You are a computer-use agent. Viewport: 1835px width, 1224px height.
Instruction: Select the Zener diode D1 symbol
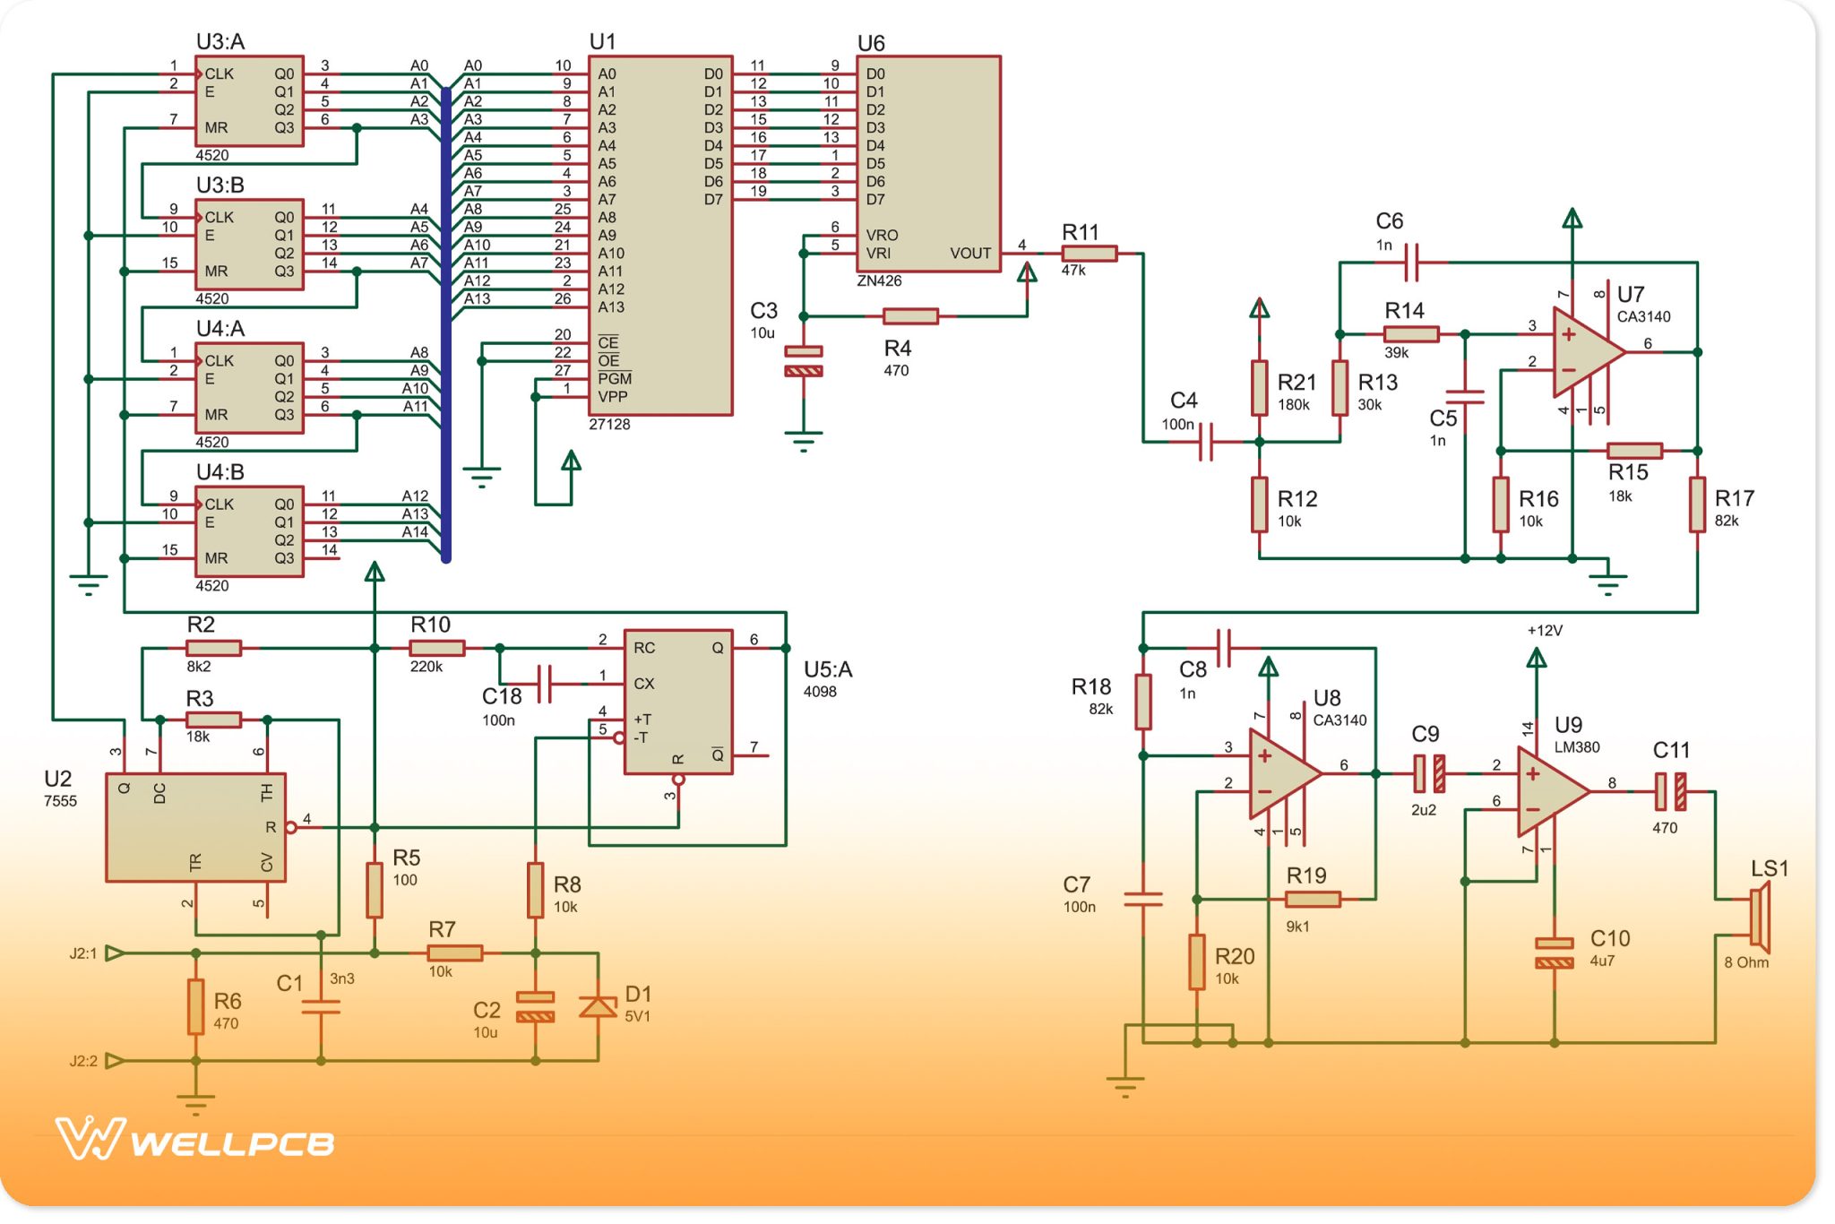tap(598, 1007)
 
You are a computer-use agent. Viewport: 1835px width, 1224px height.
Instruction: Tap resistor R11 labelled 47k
tap(1089, 254)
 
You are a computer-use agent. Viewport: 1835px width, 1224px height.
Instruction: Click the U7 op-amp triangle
tap(1584, 352)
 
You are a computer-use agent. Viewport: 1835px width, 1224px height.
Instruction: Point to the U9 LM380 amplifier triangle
tap(1549, 791)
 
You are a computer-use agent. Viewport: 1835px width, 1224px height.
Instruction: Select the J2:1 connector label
tap(82, 953)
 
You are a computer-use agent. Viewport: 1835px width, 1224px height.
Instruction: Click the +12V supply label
tap(1545, 631)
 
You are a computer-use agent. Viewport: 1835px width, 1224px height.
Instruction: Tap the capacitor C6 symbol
tap(1412, 263)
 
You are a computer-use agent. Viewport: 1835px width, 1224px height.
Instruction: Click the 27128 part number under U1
tap(609, 425)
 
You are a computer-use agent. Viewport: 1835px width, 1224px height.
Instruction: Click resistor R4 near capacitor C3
tap(910, 316)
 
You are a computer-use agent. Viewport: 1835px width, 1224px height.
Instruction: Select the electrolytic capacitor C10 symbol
tap(1554, 952)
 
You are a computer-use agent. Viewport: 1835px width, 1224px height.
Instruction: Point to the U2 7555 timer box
tap(195, 827)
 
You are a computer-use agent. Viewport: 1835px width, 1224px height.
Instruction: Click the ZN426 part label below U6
tap(879, 281)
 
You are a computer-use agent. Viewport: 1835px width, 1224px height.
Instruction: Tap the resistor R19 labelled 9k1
tap(1313, 899)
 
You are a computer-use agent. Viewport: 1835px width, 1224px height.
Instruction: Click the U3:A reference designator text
tap(220, 42)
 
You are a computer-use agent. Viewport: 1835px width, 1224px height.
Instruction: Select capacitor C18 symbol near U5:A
tap(544, 684)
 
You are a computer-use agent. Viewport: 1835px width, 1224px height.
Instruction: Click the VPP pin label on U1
tap(613, 397)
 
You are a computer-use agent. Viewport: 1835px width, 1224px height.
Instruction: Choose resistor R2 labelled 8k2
tap(213, 648)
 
